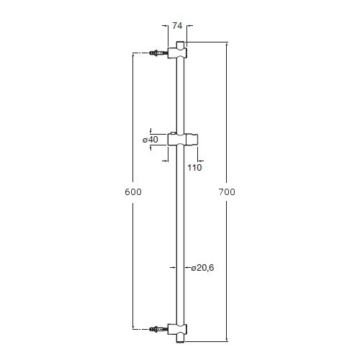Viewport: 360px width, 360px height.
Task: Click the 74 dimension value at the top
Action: coord(177,26)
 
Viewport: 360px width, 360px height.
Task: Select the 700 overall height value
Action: coord(227,192)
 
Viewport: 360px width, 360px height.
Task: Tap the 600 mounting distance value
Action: coord(133,192)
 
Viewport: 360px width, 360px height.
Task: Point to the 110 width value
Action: coord(194,168)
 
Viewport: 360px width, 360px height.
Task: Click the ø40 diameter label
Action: coord(150,140)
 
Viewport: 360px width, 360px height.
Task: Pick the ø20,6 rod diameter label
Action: coord(202,268)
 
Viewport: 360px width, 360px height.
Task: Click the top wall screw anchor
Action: coord(158,53)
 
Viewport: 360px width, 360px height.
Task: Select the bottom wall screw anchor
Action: coord(158,329)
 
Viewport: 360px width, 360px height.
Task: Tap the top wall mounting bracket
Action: coord(177,53)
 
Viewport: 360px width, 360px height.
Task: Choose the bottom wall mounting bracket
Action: coord(177,330)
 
